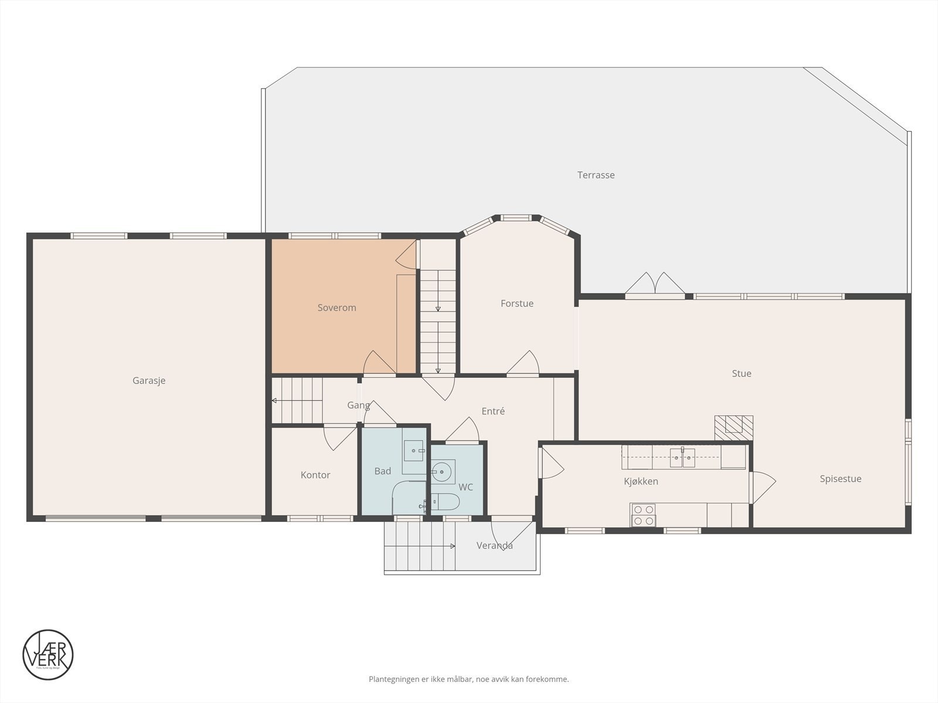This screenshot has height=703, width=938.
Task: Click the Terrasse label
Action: pos(596,175)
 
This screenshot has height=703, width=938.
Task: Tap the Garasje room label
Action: pos(149,380)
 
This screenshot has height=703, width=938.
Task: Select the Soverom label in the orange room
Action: pos(337,308)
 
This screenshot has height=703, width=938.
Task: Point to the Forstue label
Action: pos(516,303)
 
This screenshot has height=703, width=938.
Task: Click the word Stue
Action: pos(741,373)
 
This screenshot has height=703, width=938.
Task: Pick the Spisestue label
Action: pos(840,479)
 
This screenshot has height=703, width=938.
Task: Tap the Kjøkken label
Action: pos(641,481)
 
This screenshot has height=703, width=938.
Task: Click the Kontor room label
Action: pos(315,475)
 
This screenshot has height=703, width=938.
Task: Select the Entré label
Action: pos(492,411)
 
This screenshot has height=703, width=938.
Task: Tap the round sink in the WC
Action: pos(442,471)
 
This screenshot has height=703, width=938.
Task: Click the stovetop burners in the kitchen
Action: pos(643,515)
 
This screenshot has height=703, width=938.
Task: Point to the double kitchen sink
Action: pos(682,457)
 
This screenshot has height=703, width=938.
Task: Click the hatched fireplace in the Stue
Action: pos(733,427)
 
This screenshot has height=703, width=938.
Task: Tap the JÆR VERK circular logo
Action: pos(48,654)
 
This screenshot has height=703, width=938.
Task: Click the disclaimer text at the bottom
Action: pos(468,680)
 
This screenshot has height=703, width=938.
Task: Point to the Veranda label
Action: pos(494,545)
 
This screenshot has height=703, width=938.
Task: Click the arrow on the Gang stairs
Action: pos(274,401)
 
